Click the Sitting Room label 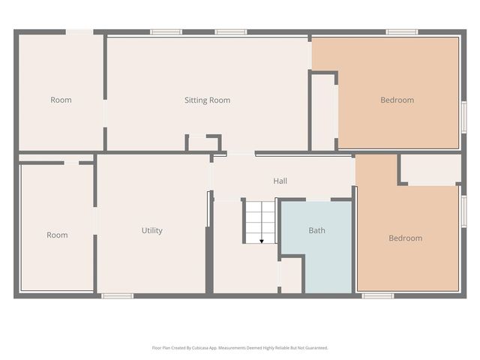[x=207, y=100]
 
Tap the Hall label [x=280, y=181]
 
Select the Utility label [x=152, y=230]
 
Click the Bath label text [x=316, y=230]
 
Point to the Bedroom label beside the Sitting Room [x=397, y=100]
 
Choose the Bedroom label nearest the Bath [x=405, y=238]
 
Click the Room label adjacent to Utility [x=57, y=235]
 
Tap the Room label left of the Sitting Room [x=61, y=100]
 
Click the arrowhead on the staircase [x=261, y=241]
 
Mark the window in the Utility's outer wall [x=117, y=295]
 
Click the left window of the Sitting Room [x=166, y=32]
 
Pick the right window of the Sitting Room [x=231, y=32]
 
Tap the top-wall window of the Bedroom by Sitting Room [x=401, y=32]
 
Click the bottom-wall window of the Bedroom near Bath [x=377, y=295]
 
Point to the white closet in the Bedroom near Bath [x=430, y=169]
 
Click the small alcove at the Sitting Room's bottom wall [x=202, y=143]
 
